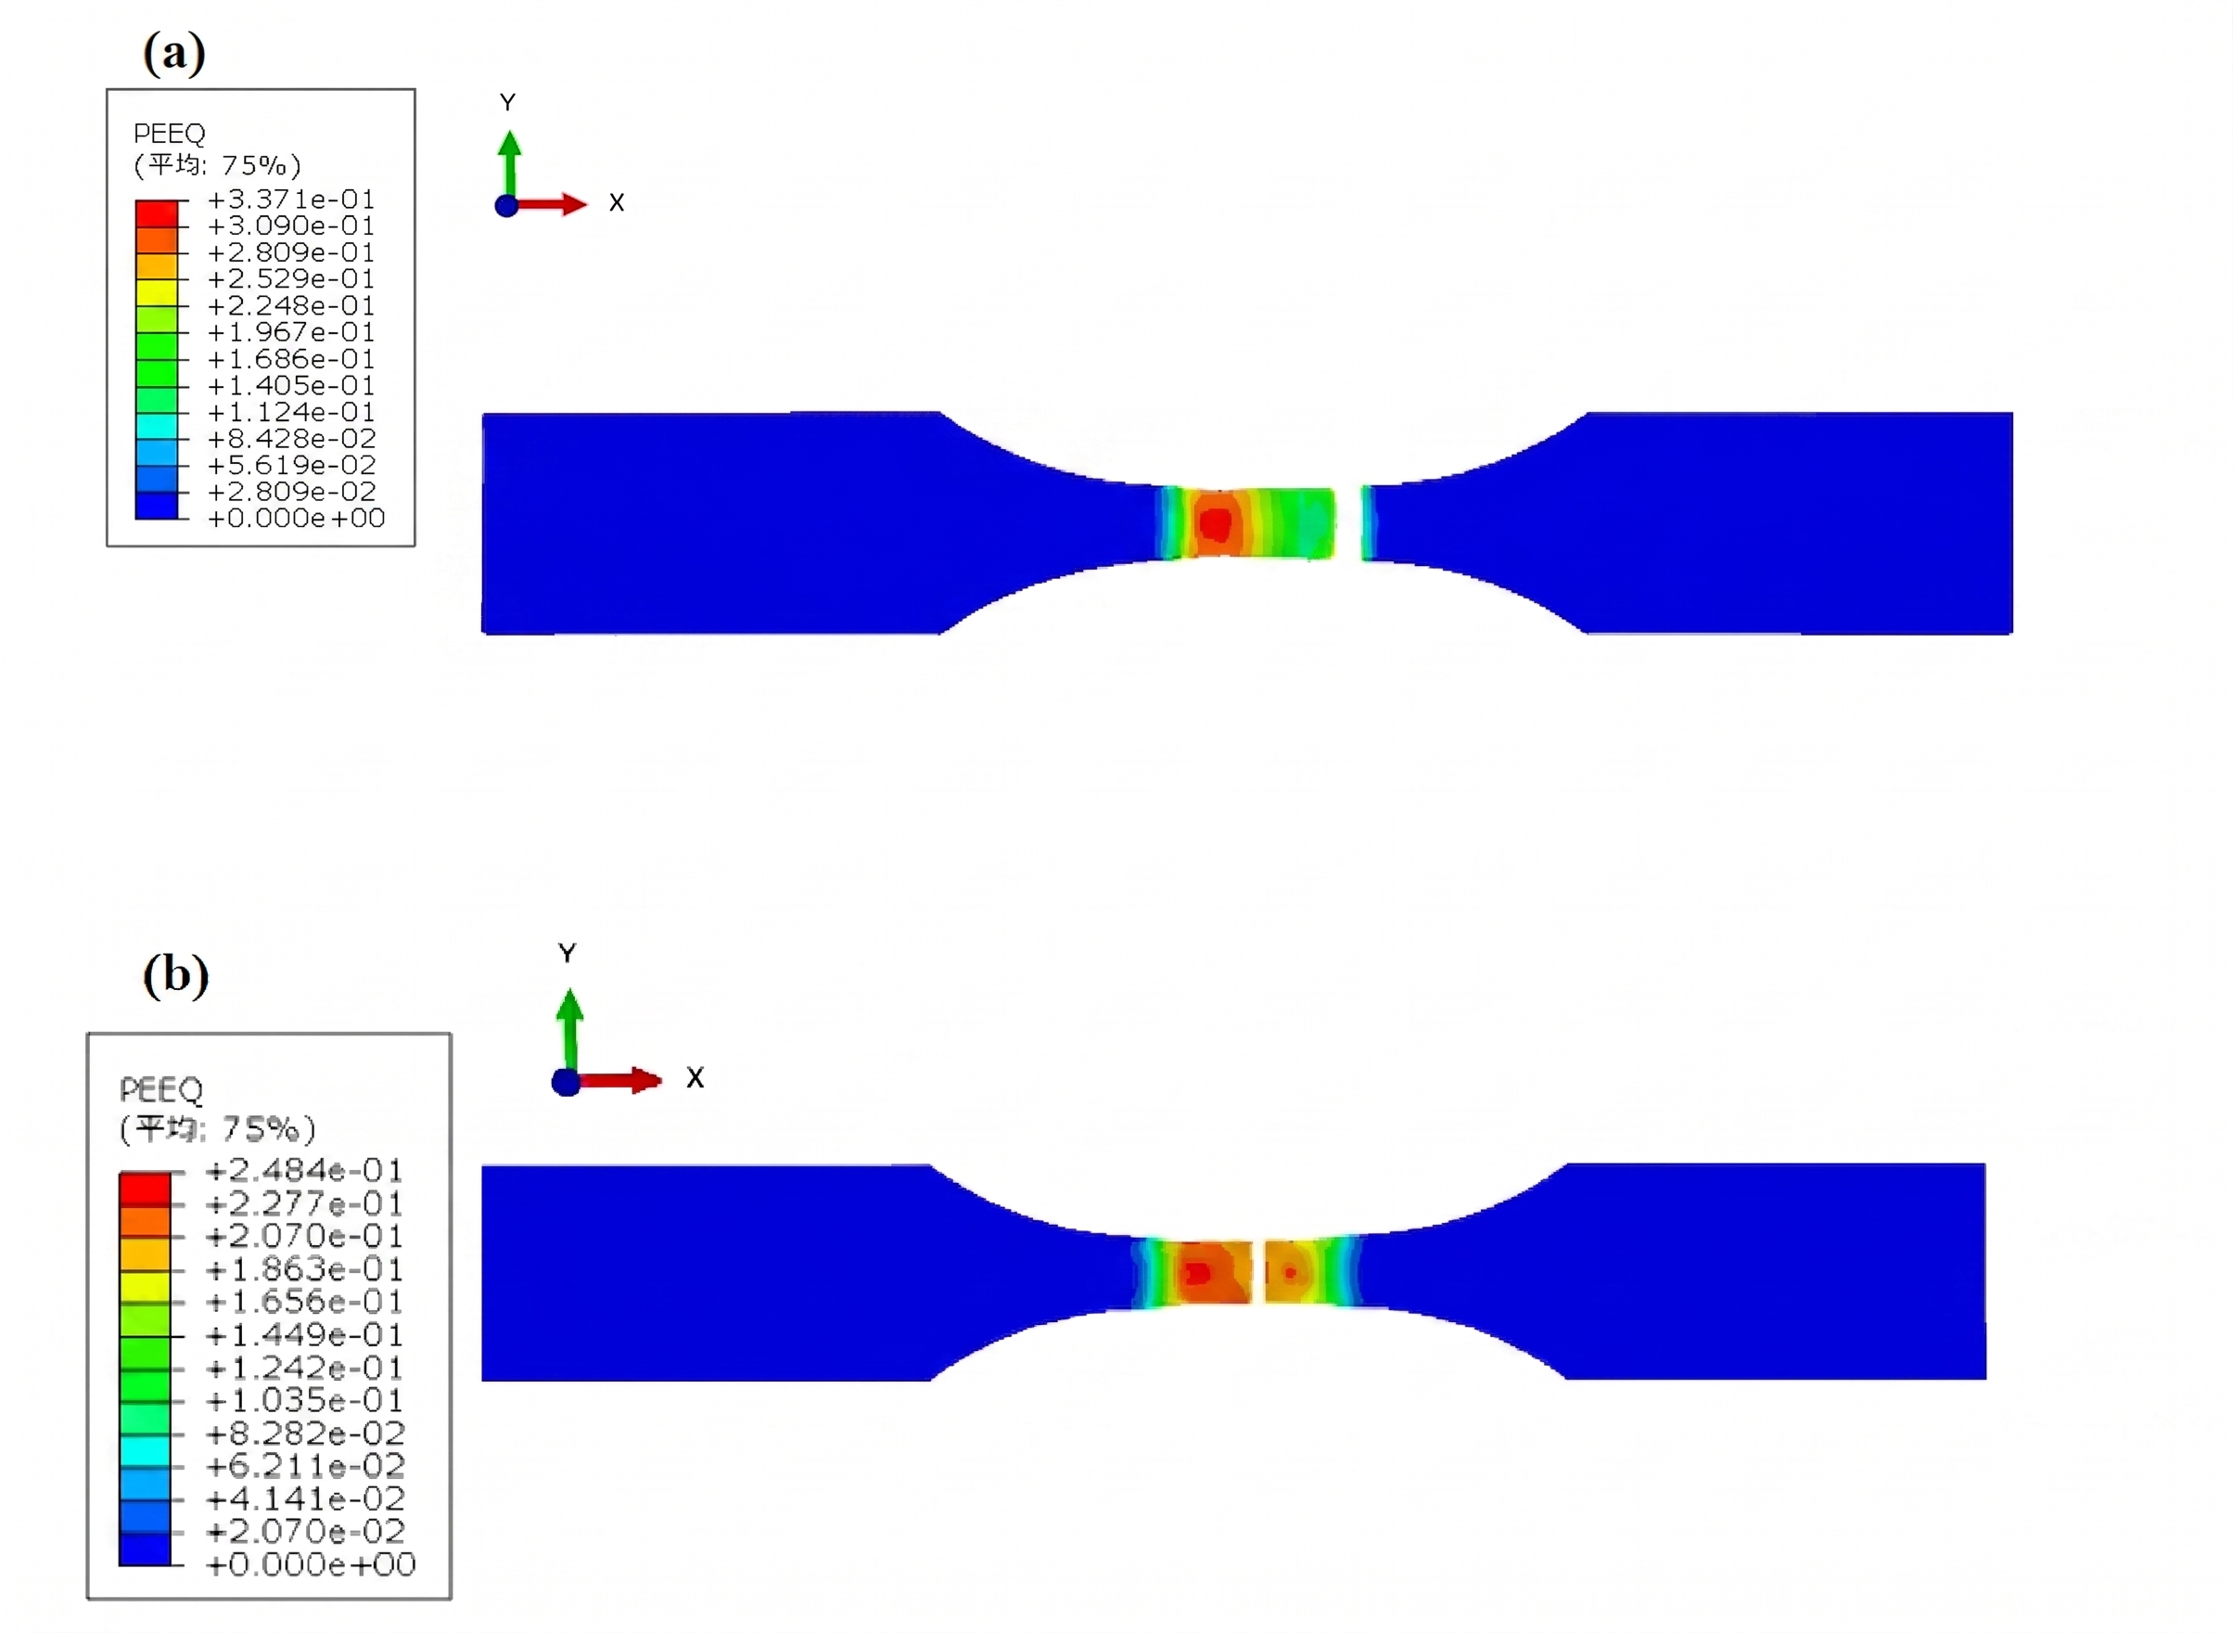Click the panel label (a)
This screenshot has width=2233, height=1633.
point(174,52)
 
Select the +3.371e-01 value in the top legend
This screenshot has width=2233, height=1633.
point(291,199)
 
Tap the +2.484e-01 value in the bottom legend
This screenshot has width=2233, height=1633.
point(304,1171)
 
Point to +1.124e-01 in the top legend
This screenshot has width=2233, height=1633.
point(291,412)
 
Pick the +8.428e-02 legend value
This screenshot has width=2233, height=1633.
point(291,439)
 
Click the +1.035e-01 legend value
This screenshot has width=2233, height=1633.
point(304,1401)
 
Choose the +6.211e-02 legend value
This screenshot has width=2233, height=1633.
point(304,1466)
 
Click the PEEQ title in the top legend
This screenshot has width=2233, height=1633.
point(169,134)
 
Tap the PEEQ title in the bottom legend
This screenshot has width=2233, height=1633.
point(161,1090)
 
